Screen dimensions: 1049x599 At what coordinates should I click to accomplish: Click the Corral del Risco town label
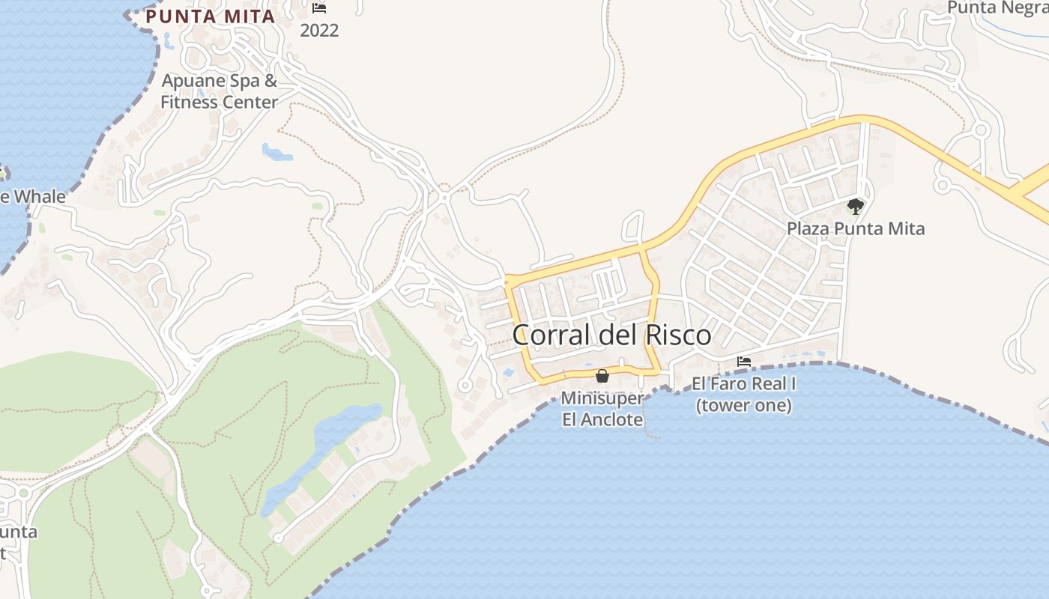click(x=611, y=335)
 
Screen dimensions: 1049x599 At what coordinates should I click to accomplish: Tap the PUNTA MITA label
click(x=211, y=16)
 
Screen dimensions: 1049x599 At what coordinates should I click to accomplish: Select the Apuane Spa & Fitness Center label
click(x=220, y=91)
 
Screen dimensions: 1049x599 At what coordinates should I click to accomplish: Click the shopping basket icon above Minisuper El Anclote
click(x=602, y=375)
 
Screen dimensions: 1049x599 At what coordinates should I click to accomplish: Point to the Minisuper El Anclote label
click(x=602, y=408)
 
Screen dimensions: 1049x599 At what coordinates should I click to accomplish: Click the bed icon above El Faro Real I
click(x=743, y=362)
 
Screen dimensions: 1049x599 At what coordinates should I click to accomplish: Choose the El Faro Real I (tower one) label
click(x=743, y=395)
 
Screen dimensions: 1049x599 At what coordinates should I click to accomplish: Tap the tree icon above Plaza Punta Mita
click(x=855, y=206)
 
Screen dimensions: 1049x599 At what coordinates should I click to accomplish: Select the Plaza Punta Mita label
click(x=856, y=228)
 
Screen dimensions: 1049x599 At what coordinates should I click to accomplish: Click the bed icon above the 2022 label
click(x=319, y=8)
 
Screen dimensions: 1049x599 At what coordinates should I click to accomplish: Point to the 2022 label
click(x=319, y=31)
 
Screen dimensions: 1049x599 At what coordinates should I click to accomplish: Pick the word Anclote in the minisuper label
click(x=612, y=419)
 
